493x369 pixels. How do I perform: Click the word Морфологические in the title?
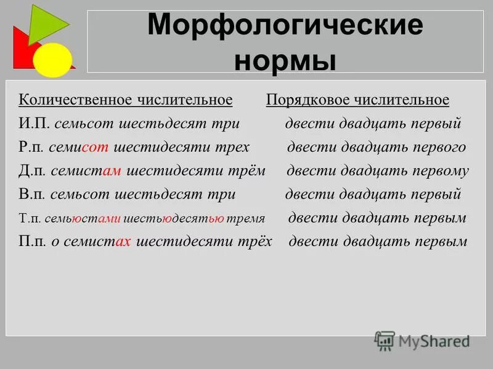[285, 25]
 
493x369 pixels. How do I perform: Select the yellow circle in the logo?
[52, 60]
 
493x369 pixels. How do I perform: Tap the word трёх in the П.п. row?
[255, 242]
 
